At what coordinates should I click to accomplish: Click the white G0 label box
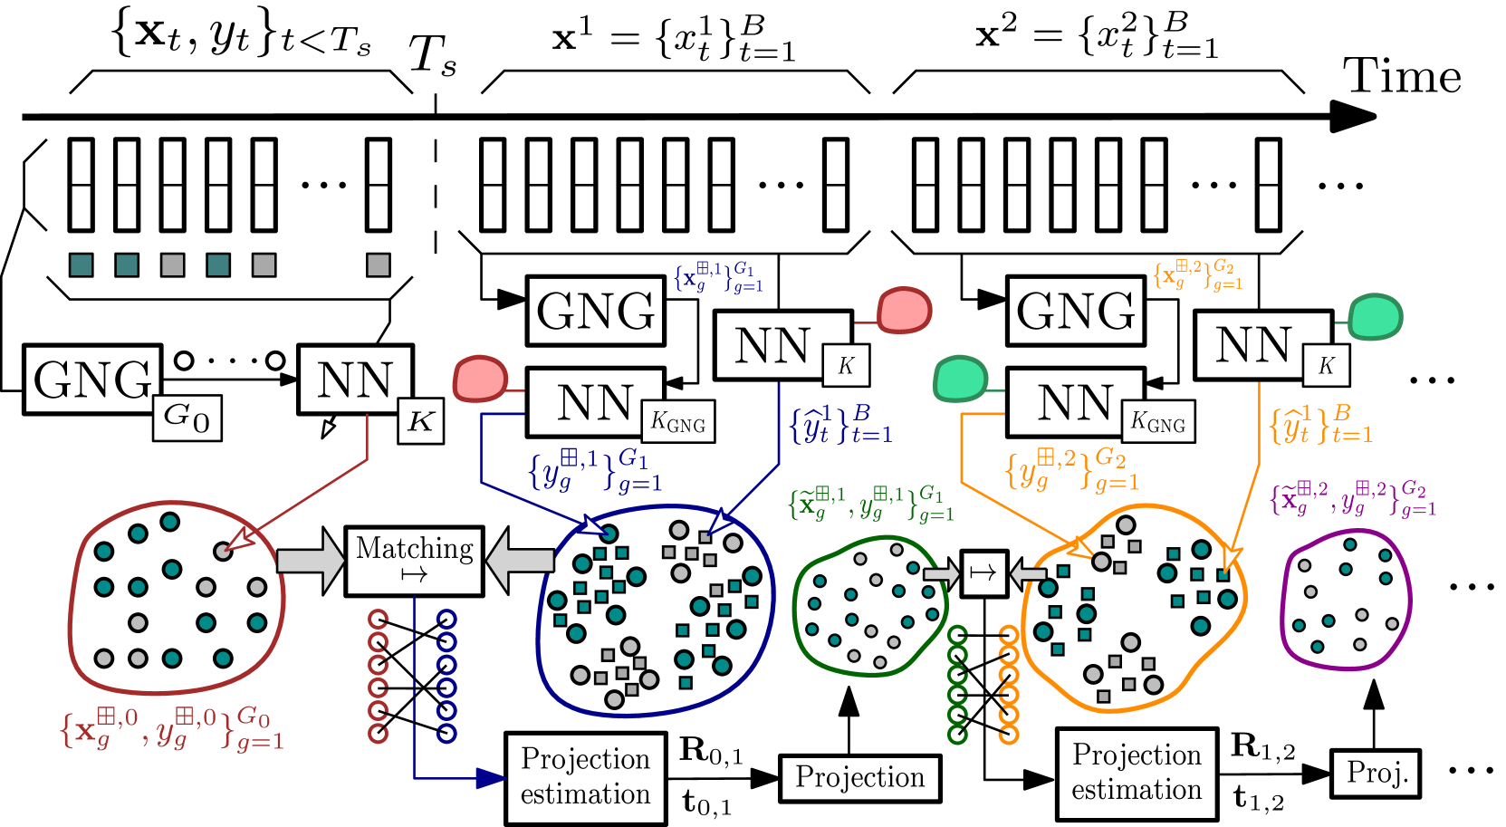[187, 418]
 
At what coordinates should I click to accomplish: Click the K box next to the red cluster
[420, 421]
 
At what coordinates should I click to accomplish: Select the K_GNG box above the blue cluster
[677, 422]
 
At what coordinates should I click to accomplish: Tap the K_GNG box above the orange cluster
[1157, 422]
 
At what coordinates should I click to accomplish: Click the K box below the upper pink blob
[846, 365]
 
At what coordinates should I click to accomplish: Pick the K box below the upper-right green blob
[1326, 365]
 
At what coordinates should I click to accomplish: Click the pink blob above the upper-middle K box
[904, 311]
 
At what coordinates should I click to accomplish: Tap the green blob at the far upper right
[1375, 317]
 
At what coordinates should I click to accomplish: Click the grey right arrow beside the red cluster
[311, 561]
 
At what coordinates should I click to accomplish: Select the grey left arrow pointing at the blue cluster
[521, 561]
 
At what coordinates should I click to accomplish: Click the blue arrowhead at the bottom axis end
[490, 778]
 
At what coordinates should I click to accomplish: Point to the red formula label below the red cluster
[172, 728]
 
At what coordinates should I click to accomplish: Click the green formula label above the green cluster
[871, 504]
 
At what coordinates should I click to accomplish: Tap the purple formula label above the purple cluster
[1353, 499]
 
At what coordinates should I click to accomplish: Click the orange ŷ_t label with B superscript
[1320, 424]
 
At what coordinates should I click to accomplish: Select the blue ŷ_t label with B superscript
[840, 424]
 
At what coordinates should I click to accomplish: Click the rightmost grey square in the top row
[379, 264]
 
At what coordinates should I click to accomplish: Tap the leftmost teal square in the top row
[82, 264]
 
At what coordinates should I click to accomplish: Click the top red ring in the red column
[379, 620]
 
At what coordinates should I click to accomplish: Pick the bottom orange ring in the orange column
[1009, 735]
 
